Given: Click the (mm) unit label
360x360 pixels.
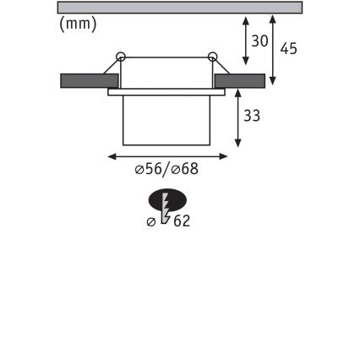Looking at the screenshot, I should pos(79,25).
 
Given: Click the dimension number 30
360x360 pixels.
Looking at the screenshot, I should pos(259,41).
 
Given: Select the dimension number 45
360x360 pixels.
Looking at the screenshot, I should pos(288,48).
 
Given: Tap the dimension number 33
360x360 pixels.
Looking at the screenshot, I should pos(251,116).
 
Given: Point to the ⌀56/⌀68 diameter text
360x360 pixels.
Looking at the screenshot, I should pos(167,169).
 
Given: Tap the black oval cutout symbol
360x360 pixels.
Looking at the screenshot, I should pos(167,200).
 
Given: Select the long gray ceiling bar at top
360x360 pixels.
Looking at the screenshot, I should pos(179,8).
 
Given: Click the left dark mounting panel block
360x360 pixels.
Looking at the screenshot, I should pos(88,80).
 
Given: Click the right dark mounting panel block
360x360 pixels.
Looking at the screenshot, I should pos(240,80).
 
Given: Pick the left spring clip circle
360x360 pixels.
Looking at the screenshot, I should pos(121,57).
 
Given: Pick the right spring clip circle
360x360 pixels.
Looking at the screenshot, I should pos(211,57).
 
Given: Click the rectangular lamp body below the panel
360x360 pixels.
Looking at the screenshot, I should pos(166,119).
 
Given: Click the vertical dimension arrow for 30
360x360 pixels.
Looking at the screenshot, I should pos(245,41).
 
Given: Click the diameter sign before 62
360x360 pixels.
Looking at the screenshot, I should pos(152,221).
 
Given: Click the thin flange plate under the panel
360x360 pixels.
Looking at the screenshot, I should pos(166,91).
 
